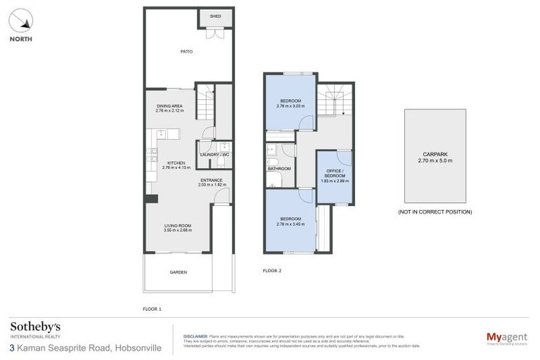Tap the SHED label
pyautogui.click(x=215, y=16)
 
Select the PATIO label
pyautogui.click(x=186, y=51)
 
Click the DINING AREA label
pyautogui.click(x=169, y=106)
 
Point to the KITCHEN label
pyautogui.click(x=176, y=162)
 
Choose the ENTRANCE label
pyautogui.click(x=210, y=180)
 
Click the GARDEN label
pyautogui.click(x=178, y=272)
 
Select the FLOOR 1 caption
pyautogui.click(x=151, y=309)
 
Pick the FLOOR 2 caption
pyautogui.click(x=272, y=270)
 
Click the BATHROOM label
pyautogui.click(x=279, y=169)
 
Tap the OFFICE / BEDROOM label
pyautogui.click(x=335, y=174)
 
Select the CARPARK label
pyautogui.click(x=435, y=154)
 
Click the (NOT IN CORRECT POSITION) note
pyautogui.click(x=435, y=212)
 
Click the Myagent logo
pyautogui.click(x=506, y=338)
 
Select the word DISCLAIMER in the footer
pyautogui.click(x=195, y=337)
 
